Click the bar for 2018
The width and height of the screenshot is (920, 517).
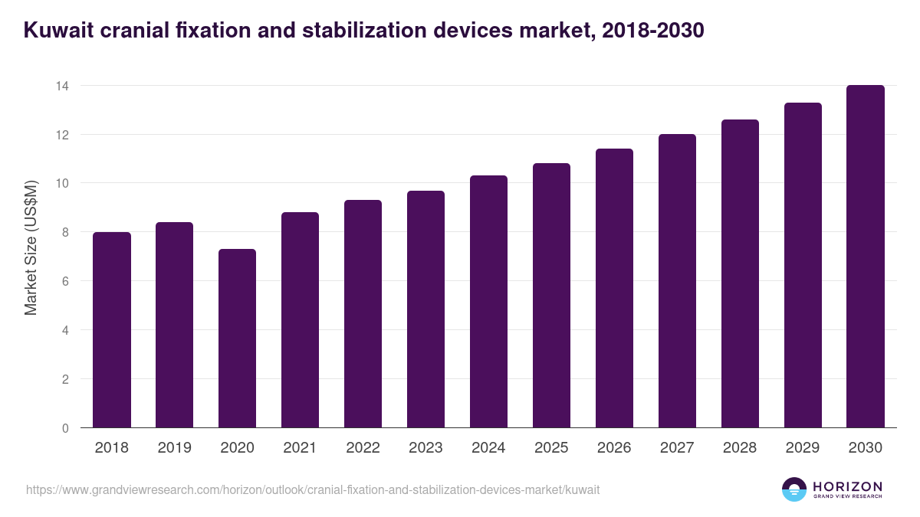[x=112, y=330]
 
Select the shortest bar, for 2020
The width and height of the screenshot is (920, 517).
[x=237, y=339]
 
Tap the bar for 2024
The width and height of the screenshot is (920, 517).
[x=488, y=302]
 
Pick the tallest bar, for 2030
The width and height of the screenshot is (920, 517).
[x=866, y=257]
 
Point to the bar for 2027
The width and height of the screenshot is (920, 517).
[x=677, y=281]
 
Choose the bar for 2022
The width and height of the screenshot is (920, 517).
[x=363, y=314]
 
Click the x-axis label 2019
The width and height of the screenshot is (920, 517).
[x=175, y=447]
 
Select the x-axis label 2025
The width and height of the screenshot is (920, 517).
[x=551, y=447]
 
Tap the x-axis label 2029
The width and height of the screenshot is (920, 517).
[x=803, y=447]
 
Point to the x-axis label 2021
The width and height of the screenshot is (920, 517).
[x=300, y=447]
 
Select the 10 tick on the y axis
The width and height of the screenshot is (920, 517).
[x=62, y=183]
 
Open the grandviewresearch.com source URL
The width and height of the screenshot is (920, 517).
[x=313, y=489]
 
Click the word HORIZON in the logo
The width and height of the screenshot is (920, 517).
[x=847, y=486]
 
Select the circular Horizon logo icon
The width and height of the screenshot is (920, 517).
[x=794, y=489]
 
